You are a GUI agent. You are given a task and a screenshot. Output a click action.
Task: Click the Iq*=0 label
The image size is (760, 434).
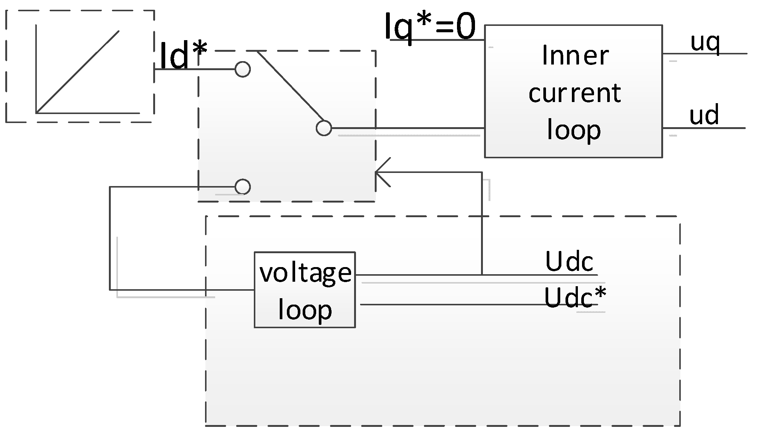[x=430, y=27]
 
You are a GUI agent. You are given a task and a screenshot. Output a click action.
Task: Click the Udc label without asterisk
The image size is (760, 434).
[x=569, y=261]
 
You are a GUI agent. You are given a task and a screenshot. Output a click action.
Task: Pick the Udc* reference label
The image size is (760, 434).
[x=575, y=298]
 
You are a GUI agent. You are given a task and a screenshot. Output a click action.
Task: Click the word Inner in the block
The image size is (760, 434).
[x=575, y=56]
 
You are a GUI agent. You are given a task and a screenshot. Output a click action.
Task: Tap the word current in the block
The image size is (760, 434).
[x=575, y=93]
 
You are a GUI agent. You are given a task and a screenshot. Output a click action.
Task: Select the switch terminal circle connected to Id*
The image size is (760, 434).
[x=243, y=69]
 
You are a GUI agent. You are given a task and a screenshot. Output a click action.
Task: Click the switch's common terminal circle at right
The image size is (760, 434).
[x=324, y=128]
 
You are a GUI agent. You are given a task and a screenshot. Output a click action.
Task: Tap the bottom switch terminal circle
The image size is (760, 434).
[x=243, y=187]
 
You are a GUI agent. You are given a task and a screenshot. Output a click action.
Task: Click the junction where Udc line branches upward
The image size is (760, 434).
[x=482, y=275]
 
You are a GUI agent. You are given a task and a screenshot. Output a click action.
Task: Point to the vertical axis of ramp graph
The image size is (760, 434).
[x=36, y=68]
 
